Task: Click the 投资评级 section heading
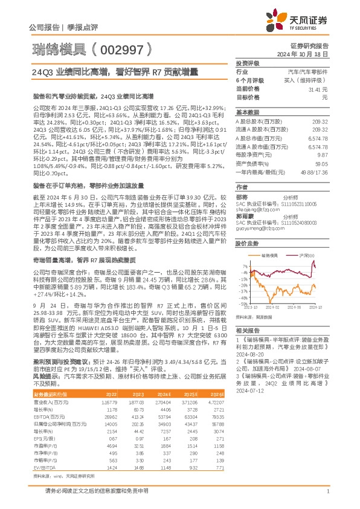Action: click(248, 63)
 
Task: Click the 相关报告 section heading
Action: click(248, 331)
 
